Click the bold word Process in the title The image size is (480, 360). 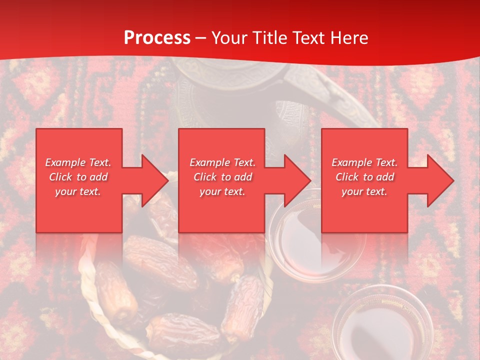click(x=157, y=38)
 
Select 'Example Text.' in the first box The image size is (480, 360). click(x=78, y=162)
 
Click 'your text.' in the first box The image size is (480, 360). click(x=78, y=191)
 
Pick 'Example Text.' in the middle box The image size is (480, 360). click(x=222, y=162)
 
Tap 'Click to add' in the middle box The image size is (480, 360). click(x=222, y=177)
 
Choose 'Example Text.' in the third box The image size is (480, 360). click(x=364, y=162)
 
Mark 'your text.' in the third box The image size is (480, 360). click(x=364, y=191)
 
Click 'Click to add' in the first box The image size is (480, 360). click(x=78, y=177)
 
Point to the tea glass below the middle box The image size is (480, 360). click(x=300, y=250)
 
